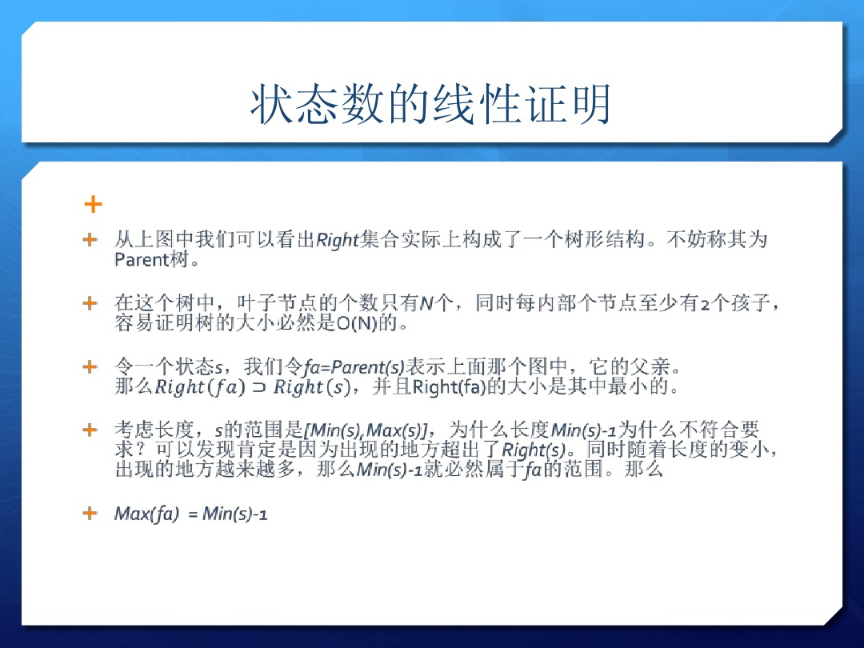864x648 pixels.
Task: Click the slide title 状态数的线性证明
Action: pyautogui.click(x=431, y=106)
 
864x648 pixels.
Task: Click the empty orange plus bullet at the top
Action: pyautogui.click(x=93, y=205)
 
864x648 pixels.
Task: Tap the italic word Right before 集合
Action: pyautogui.click(x=337, y=240)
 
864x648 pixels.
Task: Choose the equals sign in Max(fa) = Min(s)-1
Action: pyautogui.click(x=192, y=514)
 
